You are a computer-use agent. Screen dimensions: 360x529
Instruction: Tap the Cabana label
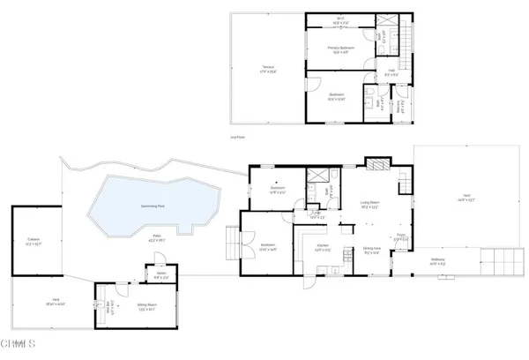(34, 241)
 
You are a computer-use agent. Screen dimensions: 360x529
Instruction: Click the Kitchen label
(323, 246)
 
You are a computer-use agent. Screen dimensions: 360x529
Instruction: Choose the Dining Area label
(372, 251)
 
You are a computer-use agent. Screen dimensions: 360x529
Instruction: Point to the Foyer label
(400, 236)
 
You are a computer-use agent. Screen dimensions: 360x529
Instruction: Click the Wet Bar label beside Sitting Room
(111, 310)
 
